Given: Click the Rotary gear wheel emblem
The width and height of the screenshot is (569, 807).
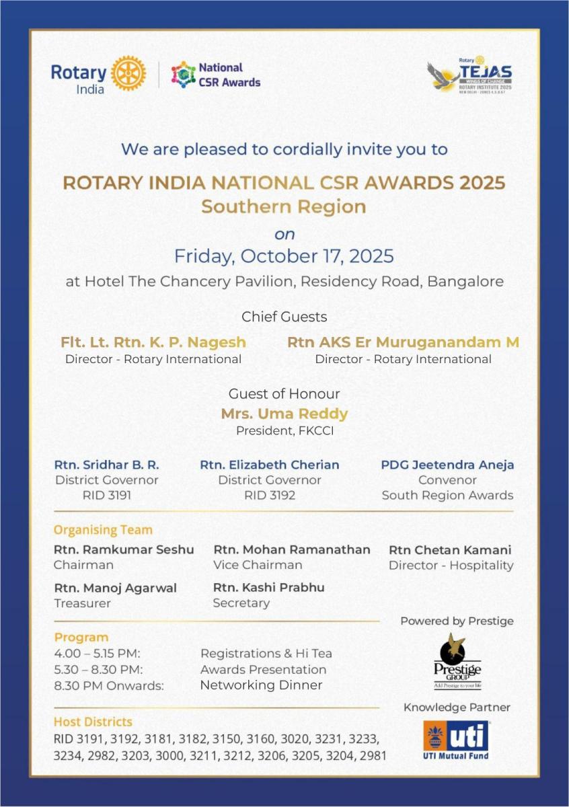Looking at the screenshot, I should pyautogui.click(x=128, y=73).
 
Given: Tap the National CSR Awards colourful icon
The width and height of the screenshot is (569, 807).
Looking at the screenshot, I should pyautogui.click(x=183, y=74).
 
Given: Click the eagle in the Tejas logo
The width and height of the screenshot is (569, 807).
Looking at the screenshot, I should pyautogui.click(x=443, y=75).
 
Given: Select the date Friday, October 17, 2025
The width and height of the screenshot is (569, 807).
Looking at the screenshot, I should pyautogui.click(x=284, y=256).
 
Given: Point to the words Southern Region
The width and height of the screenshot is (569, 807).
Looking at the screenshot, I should pyautogui.click(x=284, y=206).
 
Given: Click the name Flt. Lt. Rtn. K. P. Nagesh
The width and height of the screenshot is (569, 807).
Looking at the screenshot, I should pyautogui.click(x=153, y=342).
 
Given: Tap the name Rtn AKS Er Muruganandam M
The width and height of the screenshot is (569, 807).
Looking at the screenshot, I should pyautogui.click(x=403, y=342).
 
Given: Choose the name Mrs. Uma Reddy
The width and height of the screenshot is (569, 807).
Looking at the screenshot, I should pyautogui.click(x=284, y=414).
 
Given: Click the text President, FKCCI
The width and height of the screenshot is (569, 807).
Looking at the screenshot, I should pyautogui.click(x=284, y=430).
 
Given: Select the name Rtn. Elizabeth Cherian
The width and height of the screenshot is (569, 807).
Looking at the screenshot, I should pyautogui.click(x=269, y=465).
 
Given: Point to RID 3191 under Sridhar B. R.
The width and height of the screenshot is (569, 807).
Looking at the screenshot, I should pyautogui.click(x=106, y=496).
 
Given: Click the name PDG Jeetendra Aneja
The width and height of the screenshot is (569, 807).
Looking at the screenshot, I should pyautogui.click(x=447, y=465).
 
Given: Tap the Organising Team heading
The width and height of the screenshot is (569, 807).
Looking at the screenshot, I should pyautogui.click(x=103, y=530).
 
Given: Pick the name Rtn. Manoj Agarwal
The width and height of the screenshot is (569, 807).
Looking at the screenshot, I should pyautogui.click(x=116, y=588).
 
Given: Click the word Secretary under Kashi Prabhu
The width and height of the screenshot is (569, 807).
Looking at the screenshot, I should pyautogui.click(x=241, y=603).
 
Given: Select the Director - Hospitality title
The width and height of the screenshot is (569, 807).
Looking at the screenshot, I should pyautogui.click(x=451, y=566).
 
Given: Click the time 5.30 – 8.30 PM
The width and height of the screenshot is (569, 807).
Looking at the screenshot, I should pyautogui.click(x=98, y=669).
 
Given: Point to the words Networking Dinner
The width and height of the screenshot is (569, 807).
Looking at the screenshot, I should pyautogui.click(x=261, y=685).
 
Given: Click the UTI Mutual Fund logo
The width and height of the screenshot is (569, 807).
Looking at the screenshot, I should pyautogui.click(x=457, y=740).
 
